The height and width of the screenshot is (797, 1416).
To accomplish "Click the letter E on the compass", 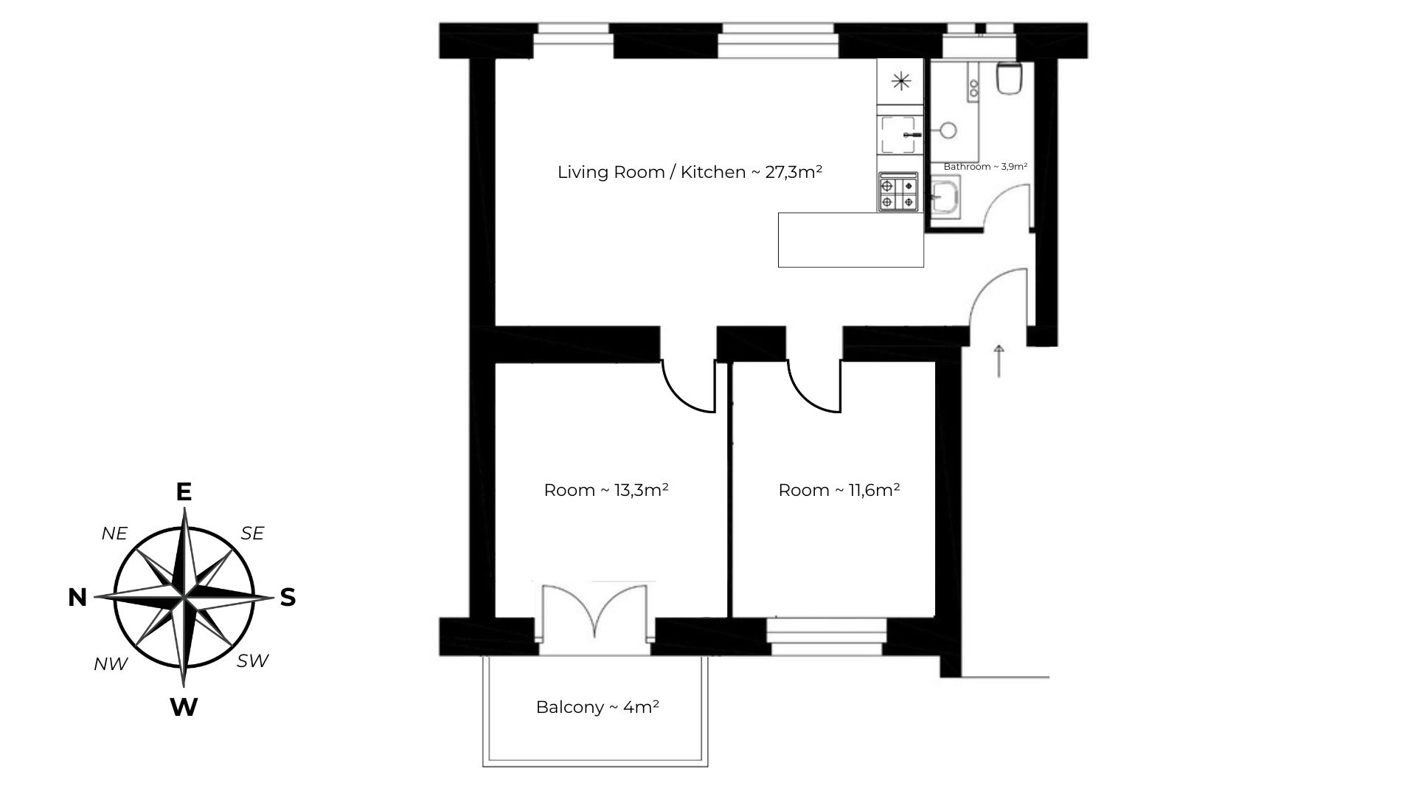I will pyautogui.click(x=184, y=492).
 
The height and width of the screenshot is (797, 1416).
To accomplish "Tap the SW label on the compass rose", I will pyautogui.click(x=252, y=661).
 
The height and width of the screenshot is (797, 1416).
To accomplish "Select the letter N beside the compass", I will pyautogui.click(x=77, y=598).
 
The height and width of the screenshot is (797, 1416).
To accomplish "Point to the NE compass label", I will pyautogui.click(x=114, y=534).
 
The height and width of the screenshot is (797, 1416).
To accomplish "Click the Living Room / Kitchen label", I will pyautogui.click(x=689, y=173).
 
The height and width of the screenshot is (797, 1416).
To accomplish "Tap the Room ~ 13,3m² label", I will pyautogui.click(x=605, y=490).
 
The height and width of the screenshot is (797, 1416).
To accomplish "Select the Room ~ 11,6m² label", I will pyautogui.click(x=839, y=490).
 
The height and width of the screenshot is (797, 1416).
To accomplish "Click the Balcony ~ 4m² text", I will pyautogui.click(x=597, y=707).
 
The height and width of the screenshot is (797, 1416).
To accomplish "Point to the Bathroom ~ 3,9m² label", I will pyautogui.click(x=985, y=167).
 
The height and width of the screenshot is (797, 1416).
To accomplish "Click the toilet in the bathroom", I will pyautogui.click(x=1008, y=79).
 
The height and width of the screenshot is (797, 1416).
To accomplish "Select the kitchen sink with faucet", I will pyautogui.click(x=899, y=135).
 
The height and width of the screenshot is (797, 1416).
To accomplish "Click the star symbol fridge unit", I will pyautogui.click(x=900, y=81).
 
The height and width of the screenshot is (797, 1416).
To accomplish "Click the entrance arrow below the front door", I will pyautogui.click(x=999, y=361).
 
